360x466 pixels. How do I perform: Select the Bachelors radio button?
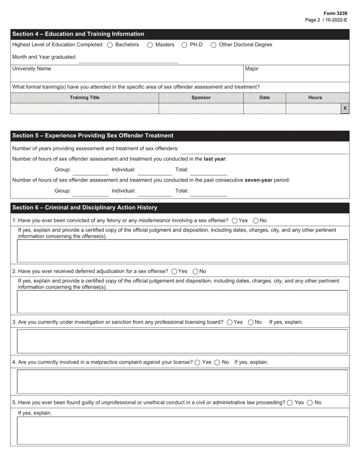110,45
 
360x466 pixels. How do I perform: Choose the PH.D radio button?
185,45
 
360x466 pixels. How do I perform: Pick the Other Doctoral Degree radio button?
213,45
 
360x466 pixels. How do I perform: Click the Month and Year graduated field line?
128,59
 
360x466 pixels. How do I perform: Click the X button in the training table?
345,108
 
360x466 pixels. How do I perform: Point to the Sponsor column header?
201,98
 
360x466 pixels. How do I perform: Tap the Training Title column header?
85,98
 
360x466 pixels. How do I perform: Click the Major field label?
252,69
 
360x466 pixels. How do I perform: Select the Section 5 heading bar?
180,136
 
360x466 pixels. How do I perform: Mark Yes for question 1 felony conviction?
235,220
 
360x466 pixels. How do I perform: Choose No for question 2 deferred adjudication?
196,271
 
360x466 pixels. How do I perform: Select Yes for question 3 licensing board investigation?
230,322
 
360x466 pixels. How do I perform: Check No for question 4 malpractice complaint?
217,363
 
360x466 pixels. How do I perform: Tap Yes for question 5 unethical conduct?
290,403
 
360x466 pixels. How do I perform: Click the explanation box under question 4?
182,382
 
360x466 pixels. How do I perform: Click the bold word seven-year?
258,180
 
